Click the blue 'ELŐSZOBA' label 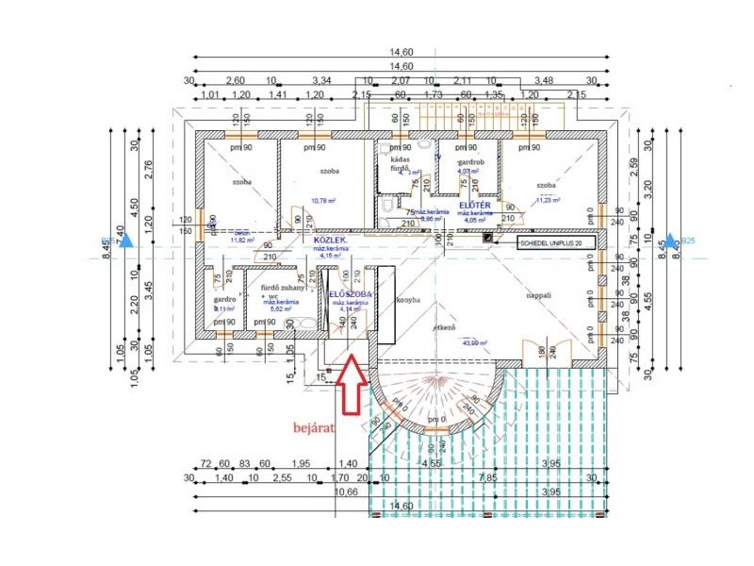(x=351, y=294)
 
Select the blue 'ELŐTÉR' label (x=474, y=205)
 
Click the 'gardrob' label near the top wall (x=470, y=162)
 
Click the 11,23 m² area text (x=548, y=200)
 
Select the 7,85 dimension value (x=490, y=479)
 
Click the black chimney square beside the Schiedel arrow (x=487, y=238)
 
